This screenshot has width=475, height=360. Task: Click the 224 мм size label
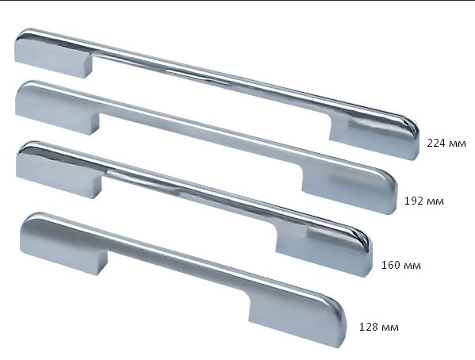[x=446, y=143]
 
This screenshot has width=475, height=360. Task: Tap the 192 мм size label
[x=424, y=201]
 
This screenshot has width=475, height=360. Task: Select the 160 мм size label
[x=400, y=265]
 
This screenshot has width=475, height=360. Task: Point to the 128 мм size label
[x=379, y=327]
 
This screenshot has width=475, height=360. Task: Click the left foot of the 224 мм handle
[x=53, y=58]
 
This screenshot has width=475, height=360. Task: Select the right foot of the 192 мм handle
[x=349, y=189]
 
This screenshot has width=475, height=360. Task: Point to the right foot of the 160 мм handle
[x=324, y=251]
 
